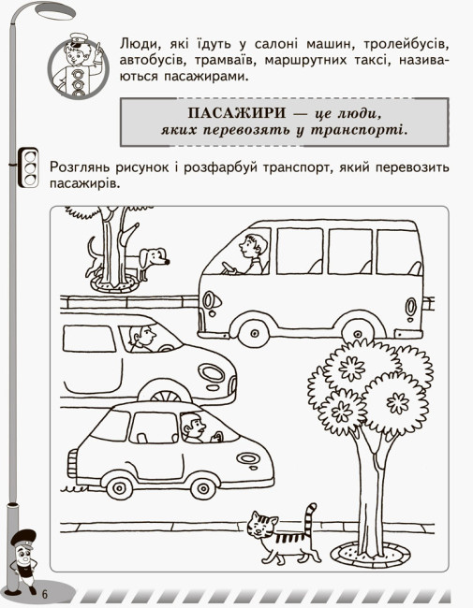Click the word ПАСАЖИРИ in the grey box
coord(237,113)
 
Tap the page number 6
coord(44,594)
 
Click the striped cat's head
coord(262,525)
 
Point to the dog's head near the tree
coord(155,257)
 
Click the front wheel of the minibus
coord(255,333)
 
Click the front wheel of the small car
coord(203,487)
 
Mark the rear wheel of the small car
coord(120,486)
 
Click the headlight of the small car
coord(248,458)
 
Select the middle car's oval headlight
coord(212,373)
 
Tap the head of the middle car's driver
coord(142,336)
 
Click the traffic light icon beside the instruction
coord(28,167)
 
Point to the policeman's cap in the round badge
coord(79,40)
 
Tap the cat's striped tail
coord(309,518)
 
